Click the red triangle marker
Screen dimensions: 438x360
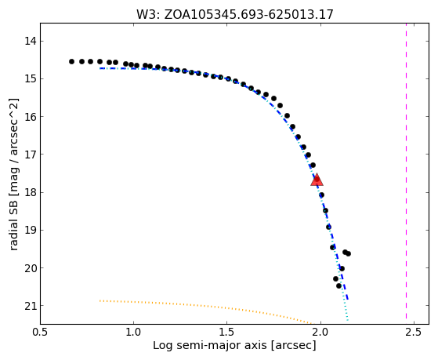pos(317,180)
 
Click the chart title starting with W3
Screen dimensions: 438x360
pos(235,14)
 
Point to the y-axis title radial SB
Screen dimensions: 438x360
pos(13,174)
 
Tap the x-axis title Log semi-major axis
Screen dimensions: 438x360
pos(234,345)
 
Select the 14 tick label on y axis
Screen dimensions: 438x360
pos(30,42)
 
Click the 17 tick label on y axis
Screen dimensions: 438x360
pos(30,155)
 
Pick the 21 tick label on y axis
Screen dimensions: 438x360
pos(30,306)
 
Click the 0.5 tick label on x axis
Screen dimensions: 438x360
pos(40,333)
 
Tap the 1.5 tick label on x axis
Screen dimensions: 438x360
pos(227,333)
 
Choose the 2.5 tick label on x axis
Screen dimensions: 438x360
pos(414,333)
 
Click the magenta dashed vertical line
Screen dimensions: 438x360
pos(406,171)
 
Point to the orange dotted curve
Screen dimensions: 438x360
pos(205,307)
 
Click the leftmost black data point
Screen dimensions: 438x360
pos(71,61)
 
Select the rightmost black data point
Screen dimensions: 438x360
pos(349,253)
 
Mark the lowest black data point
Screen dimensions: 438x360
pos(338,285)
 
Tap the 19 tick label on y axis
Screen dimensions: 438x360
pos(30,231)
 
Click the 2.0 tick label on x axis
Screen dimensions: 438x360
pos(320,333)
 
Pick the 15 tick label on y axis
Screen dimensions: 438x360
pos(30,79)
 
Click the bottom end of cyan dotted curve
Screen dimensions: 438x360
pos(347,320)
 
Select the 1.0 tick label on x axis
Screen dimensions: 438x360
pos(133,333)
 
